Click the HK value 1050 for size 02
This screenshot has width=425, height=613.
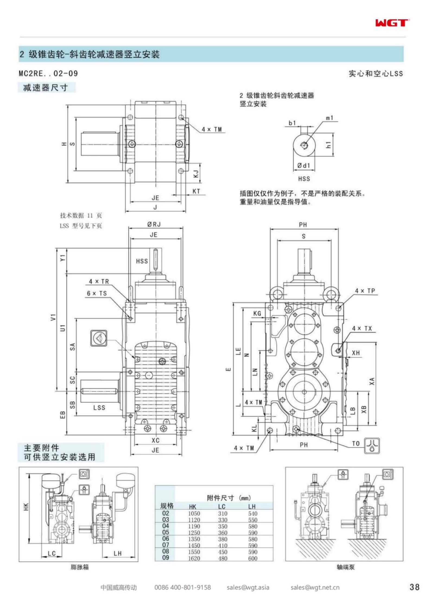point(194,513)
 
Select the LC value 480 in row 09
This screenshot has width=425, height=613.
point(223,558)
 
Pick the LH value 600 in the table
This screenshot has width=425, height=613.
point(252,558)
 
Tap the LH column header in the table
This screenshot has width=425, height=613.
point(252,506)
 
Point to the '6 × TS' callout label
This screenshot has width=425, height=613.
point(97,293)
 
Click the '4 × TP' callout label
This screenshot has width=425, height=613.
point(365,291)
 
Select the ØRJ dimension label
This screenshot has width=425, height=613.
point(154,224)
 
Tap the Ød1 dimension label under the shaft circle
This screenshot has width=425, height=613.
point(303,165)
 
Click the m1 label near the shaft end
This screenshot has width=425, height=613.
point(329,118)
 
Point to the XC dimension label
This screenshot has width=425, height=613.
point(156,440)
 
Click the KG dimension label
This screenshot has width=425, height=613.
point(257,313)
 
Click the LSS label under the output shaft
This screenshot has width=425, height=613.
point(99,407)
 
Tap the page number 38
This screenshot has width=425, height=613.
point(414,587)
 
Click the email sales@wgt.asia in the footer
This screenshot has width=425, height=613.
point(248,588)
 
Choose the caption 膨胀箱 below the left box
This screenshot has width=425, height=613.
point(79,567)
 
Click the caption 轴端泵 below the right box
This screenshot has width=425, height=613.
point(345,567)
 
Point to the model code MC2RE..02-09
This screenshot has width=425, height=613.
point(48,73)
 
